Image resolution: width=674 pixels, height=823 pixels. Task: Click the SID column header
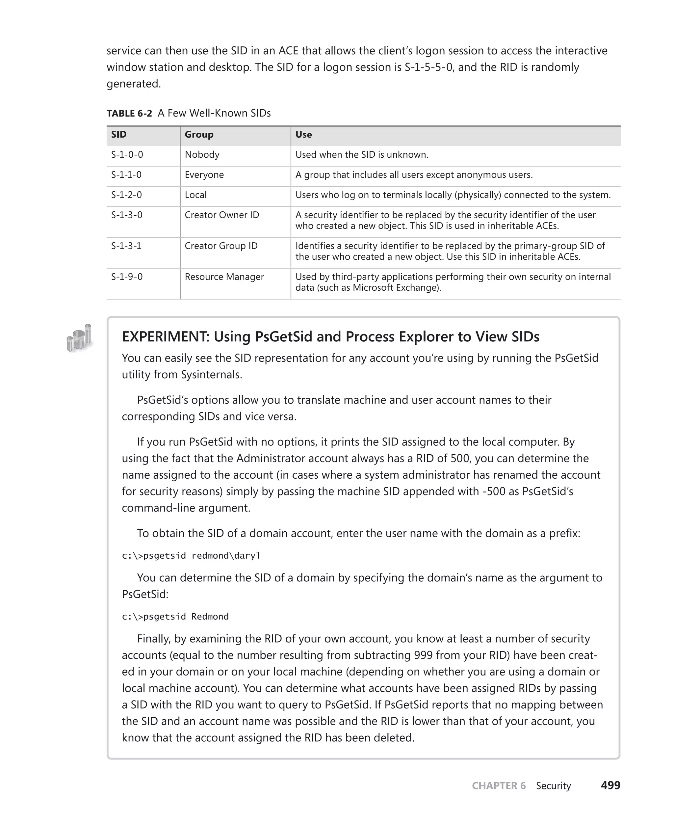click(119, 135)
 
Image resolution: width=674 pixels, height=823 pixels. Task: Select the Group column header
click(199, 135)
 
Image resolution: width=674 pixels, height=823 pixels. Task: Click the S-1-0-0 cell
click(127, 155)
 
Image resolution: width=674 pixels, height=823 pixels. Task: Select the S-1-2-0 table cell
click(127, 195)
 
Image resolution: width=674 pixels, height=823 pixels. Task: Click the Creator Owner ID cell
click(222, 215)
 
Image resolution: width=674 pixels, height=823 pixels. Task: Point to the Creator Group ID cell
click(221, 246)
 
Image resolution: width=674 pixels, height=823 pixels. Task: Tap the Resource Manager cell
click(224, 277)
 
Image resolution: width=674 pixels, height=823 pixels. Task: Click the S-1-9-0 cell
click(127, 277)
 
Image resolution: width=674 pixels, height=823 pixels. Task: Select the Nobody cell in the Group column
click(202, 155)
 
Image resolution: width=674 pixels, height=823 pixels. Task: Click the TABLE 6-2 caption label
click(129, 114)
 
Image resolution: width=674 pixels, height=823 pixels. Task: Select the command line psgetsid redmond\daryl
click(191, 556)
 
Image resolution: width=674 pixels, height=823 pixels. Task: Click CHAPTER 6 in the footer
click(499, 786)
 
